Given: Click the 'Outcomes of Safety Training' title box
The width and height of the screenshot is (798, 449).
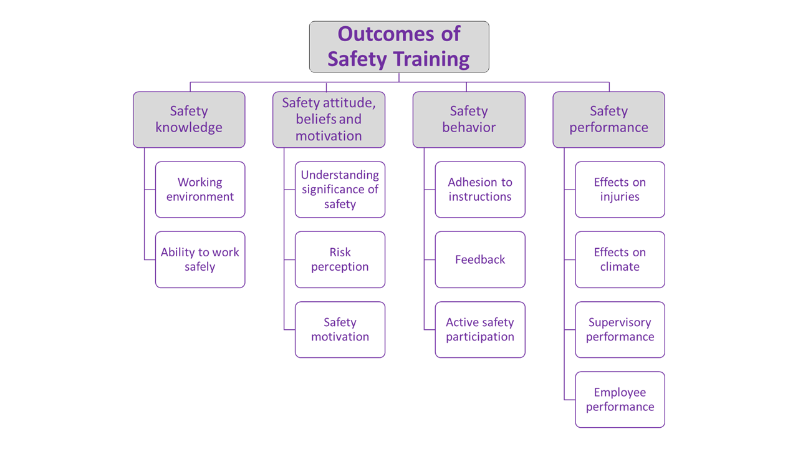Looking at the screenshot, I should click(399, 47).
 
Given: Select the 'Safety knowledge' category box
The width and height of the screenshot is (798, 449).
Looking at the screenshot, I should click(189, 120).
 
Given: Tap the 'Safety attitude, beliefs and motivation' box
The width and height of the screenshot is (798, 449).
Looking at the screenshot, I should click(329, 120).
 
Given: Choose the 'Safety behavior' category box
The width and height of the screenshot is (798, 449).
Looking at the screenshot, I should click(469, 120).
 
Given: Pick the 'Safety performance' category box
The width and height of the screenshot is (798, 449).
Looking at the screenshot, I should click(608, 120).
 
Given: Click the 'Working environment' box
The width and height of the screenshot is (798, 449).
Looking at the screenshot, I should click(200, 190).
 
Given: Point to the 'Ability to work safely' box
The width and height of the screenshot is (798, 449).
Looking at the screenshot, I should click(200, 259).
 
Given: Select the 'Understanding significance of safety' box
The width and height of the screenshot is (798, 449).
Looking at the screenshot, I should click(340, 190).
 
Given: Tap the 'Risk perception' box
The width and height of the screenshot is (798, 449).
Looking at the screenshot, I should click(340, 259).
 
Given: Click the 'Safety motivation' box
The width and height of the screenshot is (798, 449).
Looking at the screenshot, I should click(340, 329).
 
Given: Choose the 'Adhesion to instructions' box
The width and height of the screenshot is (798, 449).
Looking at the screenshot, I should click(480, 190).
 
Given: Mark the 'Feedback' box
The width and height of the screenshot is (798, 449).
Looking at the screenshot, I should click(480, 259).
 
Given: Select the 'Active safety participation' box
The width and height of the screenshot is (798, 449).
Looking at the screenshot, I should click(480, 329).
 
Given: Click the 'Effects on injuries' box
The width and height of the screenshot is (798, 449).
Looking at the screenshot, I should click(620, 190).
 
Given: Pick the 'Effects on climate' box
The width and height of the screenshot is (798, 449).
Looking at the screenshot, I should click(620, 259).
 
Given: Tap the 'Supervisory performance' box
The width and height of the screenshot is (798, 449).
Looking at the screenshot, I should click(620, 329).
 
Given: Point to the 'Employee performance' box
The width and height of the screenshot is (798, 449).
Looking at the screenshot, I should click(620, 400).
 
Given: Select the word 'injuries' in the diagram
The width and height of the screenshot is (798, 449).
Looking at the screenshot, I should click(620, 197).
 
